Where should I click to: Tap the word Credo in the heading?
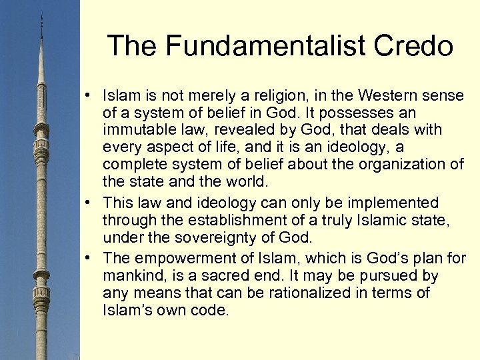click(416, 46)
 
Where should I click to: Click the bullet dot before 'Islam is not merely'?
click(88, 95)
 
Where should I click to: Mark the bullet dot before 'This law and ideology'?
click(88, 203)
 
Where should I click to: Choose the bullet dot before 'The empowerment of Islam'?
click(88, 258)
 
